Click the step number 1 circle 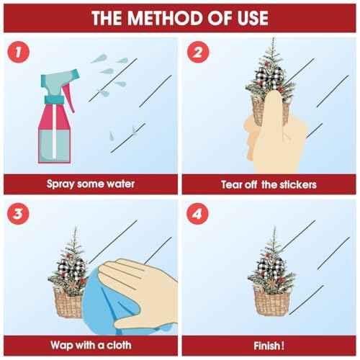(x=19, y=52)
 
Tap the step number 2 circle (x=198, y=52)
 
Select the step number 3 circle (x=19, y=214)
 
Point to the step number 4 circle (x=197, y=214)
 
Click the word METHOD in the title (x=165, y=18)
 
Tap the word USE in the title (x=253, y=18)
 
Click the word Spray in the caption (x=60, y=184)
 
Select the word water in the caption (x=120, y=184)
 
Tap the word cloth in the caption (x=119, y=345)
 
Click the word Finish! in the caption (x=269, y=346)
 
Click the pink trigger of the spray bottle (x=69, y=98)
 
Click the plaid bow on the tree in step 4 (x=271, y=266)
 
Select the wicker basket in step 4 (x=271, y=301)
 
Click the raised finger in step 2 (x=273, y=113)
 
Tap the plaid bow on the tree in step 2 (x=269, y=76)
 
